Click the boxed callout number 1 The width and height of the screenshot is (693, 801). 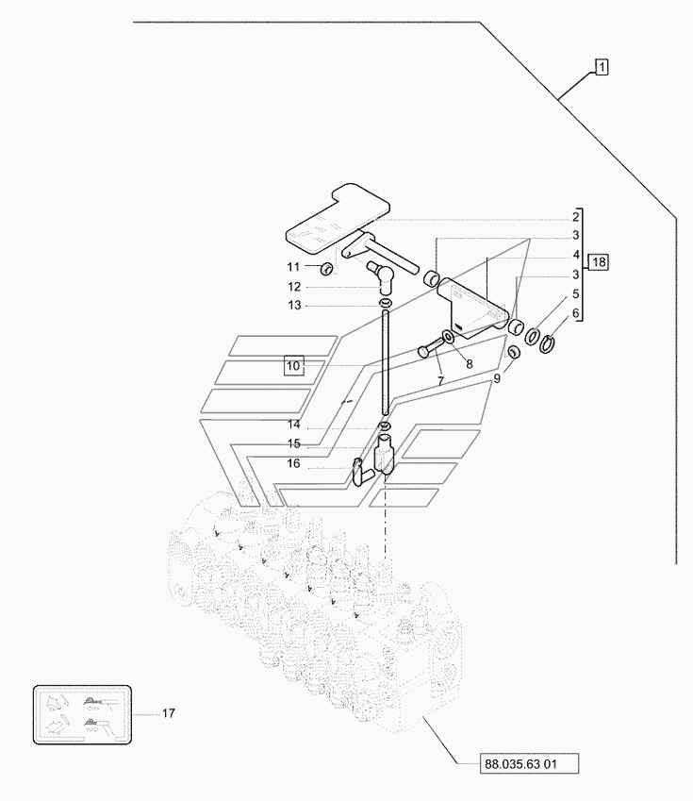click(602, 67)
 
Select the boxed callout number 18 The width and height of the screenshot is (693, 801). click(599, 262)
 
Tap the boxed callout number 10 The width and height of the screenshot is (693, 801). click(293, 366)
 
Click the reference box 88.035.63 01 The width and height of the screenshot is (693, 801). click(529, 764)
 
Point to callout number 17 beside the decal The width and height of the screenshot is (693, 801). click(169, 713)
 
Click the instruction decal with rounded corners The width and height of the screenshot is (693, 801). click(82, 714)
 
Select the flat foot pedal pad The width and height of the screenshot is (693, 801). click(338, 218)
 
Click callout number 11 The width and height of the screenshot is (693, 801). click(293, 267)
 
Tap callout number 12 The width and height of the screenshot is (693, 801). click(294, 287)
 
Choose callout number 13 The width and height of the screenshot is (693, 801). click(295, 306)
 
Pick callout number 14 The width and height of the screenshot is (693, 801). click(293, 425)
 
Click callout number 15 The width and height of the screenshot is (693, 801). click(293, 444)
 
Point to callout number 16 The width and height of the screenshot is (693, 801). click(293, 463)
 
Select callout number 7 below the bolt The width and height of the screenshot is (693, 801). click(440, 380)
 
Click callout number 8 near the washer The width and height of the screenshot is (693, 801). click(470, 364)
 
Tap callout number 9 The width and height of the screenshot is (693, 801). click(497, 378)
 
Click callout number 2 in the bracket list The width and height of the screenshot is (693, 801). click(575, 217)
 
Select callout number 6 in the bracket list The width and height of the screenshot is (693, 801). click(575, 312)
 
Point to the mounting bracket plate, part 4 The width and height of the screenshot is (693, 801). click(472, 309)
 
